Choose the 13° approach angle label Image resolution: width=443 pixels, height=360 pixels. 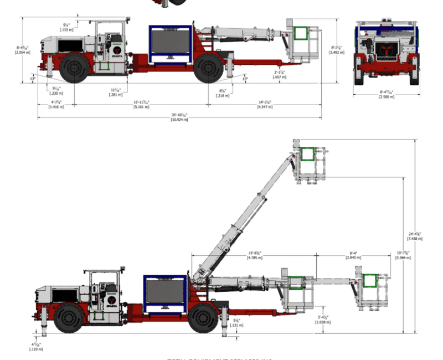click(x=33, y=79)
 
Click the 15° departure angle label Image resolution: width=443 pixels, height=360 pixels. click(x=245, y=79)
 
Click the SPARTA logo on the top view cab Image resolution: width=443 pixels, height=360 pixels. click(x=117, y=50)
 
